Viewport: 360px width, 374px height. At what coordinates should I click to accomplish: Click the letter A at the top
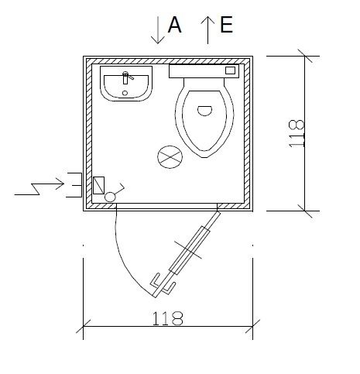pos(174,26)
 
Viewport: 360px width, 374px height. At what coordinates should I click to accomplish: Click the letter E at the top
pos(227,26)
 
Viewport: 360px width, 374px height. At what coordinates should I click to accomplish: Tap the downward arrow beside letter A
pos(157,29)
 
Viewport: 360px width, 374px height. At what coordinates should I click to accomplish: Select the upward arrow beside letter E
pos(207,29)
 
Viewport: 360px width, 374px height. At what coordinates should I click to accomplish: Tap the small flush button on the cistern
pos(231,70)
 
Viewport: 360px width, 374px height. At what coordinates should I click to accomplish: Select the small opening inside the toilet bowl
pos(204,110)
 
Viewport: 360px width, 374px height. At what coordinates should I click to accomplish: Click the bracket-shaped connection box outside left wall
pos(74,184)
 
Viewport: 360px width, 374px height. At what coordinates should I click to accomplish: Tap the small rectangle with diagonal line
pos(98,185)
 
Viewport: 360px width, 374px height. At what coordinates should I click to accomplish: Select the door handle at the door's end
pos(162,283)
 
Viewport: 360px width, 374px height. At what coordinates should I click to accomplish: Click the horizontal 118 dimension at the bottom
pos(168,317)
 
